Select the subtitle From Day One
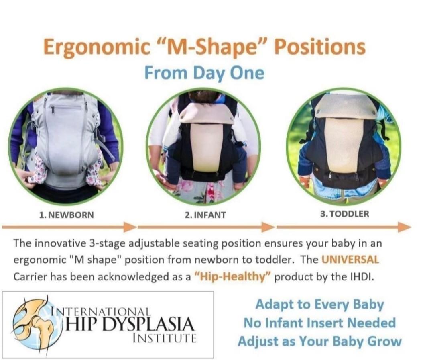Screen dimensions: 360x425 click(204, 73)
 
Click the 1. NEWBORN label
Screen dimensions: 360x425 click(67, 215)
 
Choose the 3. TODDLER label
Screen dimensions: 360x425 click(344, 214)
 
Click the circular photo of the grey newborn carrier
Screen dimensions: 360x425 click(66, 147)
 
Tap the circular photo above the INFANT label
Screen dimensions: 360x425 click(203, 147)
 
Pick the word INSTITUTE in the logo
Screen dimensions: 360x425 click(164, 338)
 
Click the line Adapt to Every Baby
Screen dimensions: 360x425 click(319, 305)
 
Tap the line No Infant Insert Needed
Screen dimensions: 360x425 click(319, 323)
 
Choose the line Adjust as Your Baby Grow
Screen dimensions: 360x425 click(319, 341)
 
